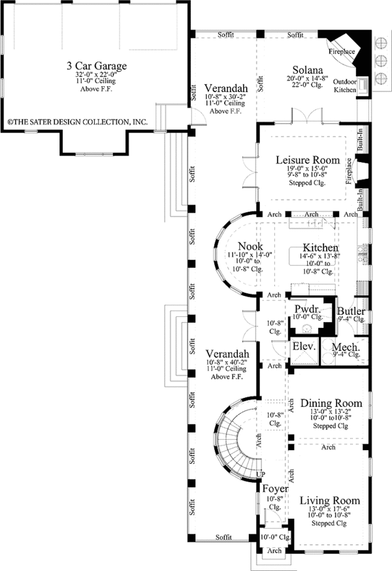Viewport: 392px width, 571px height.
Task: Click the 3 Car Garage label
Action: tap(95, 66)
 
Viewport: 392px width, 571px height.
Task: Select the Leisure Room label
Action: tap(307, 160)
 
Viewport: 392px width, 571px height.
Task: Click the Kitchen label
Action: tap(320, 248)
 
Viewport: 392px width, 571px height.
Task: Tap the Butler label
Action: tap(351, 312)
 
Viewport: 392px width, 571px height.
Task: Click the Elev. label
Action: tap(304, 346)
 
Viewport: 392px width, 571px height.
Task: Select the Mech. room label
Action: tap(344, 346)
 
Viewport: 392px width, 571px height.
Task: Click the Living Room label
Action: tap(330, 500)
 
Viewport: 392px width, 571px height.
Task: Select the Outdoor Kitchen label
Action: tap(345, 86)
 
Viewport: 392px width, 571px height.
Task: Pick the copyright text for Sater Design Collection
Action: tap(77, 122)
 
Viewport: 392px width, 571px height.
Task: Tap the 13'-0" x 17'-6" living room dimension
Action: tap(330, 510)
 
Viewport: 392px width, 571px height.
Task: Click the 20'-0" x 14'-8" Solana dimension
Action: tap(306, 78)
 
